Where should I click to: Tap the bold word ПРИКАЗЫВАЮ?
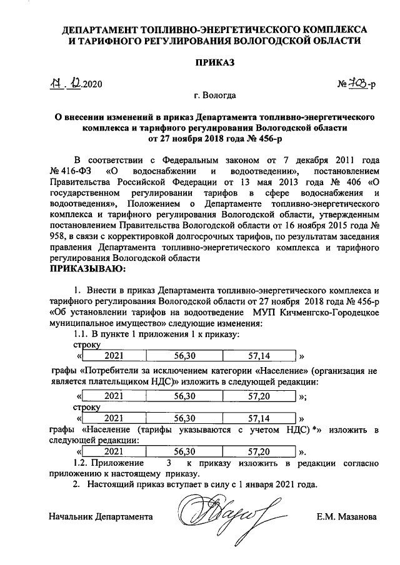[x=87, y=269]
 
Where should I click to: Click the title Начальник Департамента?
[x=101, y=518]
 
